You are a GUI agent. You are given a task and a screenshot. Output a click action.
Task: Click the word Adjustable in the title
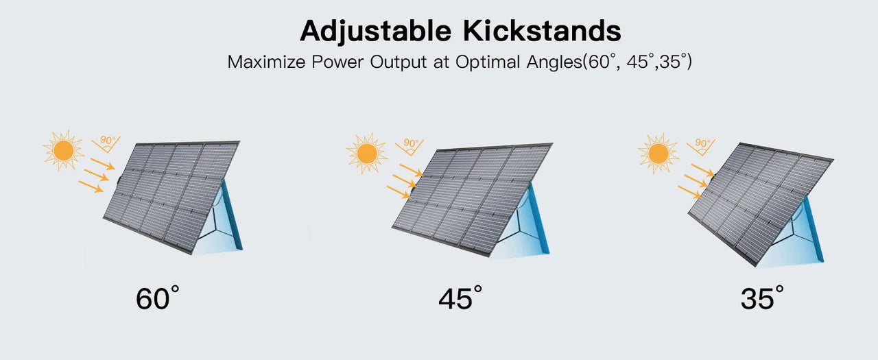375,32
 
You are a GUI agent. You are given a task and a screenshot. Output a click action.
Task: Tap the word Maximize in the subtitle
266,62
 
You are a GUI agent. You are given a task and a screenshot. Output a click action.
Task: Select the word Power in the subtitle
337,62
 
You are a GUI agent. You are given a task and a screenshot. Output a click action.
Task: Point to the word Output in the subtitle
398,62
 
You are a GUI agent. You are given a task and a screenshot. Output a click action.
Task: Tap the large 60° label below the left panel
158,298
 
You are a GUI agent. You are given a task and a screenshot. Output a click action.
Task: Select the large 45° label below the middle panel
460,298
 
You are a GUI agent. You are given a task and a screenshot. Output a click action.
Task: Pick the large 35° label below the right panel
762,298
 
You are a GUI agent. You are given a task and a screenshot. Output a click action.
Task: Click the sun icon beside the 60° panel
63,150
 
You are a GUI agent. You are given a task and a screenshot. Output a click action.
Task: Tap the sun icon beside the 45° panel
367,153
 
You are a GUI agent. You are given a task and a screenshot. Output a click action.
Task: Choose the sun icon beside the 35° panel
658,153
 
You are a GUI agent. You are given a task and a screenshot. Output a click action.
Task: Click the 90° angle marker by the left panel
106,144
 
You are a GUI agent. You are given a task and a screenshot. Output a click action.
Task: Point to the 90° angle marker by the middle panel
410,147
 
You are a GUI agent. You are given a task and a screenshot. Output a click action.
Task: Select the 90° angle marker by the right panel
701,147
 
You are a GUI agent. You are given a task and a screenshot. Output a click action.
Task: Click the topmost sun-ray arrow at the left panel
103,164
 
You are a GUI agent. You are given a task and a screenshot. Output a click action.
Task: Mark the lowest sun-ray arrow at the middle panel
399,192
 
